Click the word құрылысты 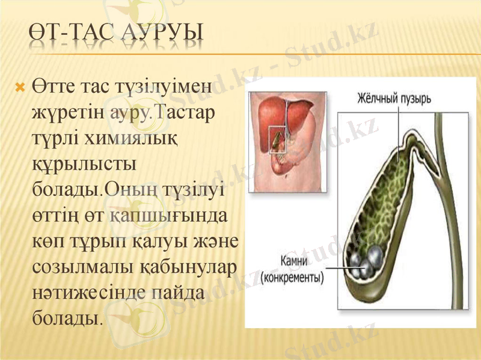78,164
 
